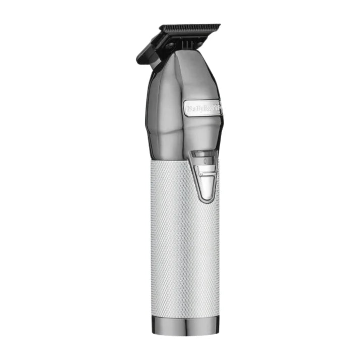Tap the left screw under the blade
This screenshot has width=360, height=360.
171,46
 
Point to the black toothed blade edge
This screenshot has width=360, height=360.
189,26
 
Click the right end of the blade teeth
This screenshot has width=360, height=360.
219,25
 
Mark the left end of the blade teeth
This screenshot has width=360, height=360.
161,28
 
